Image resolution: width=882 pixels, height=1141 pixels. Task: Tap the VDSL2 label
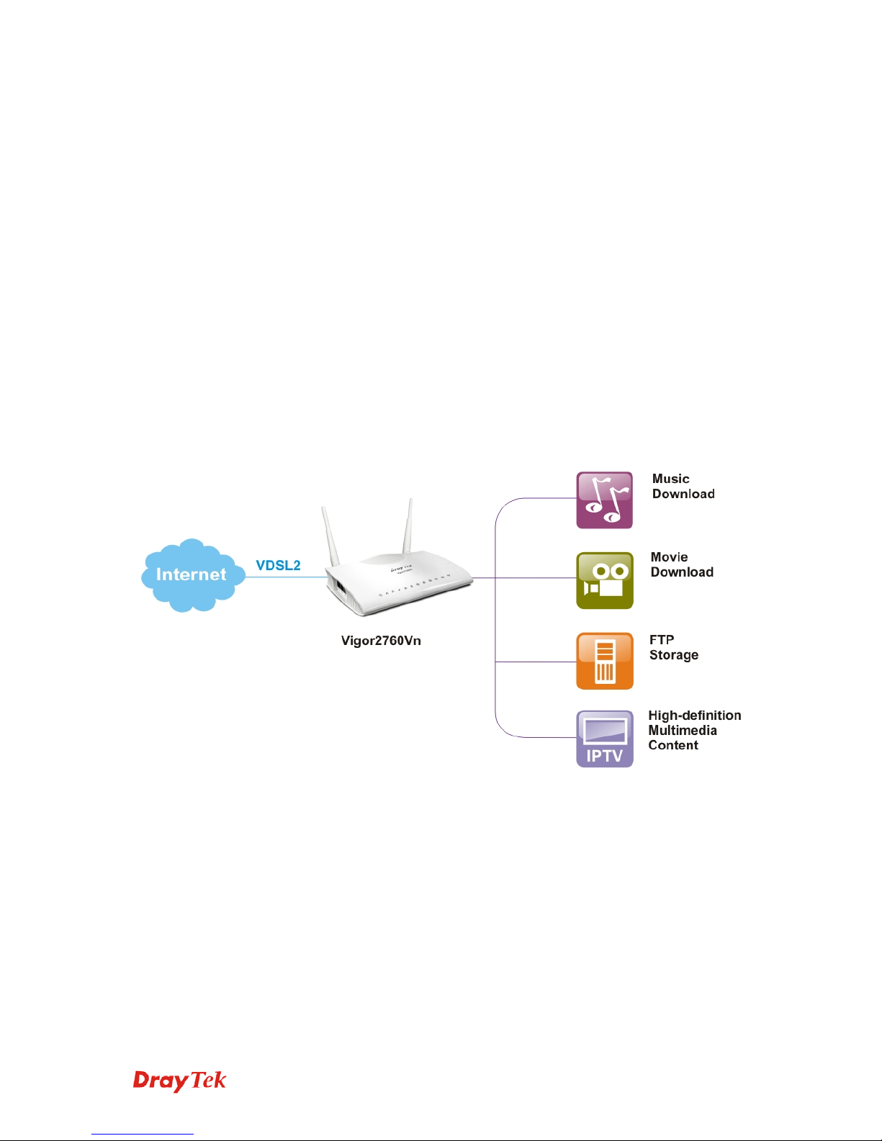[x=278, y=565]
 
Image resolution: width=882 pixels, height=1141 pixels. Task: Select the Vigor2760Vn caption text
[x=381, y=641]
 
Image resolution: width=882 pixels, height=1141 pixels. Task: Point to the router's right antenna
[x=408, y=526]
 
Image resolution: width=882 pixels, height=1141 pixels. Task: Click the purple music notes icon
[x=604, y=500]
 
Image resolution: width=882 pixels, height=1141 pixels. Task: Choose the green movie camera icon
[x=604, y=580]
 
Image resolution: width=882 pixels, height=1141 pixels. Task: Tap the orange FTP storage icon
[x=604, y=661]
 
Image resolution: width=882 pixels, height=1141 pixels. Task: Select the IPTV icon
[x=604, y=739]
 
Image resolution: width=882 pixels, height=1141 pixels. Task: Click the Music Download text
[x=683, y=487]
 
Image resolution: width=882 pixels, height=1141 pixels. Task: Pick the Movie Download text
[x=681, y=565]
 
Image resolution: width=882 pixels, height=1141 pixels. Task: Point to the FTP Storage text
[x=673, y=648]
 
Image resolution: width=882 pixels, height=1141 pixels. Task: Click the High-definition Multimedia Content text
[x=693, y=731]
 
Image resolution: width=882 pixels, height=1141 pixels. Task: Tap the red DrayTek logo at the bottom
[x=179, y=1081]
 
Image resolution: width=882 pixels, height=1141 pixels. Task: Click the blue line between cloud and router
[x=286, y=577]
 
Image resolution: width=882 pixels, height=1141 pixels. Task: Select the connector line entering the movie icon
[x=533, y=577]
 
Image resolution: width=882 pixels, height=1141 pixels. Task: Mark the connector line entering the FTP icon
[x=536, y=662]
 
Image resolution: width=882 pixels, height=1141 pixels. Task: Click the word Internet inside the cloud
[x=191, y=574]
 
